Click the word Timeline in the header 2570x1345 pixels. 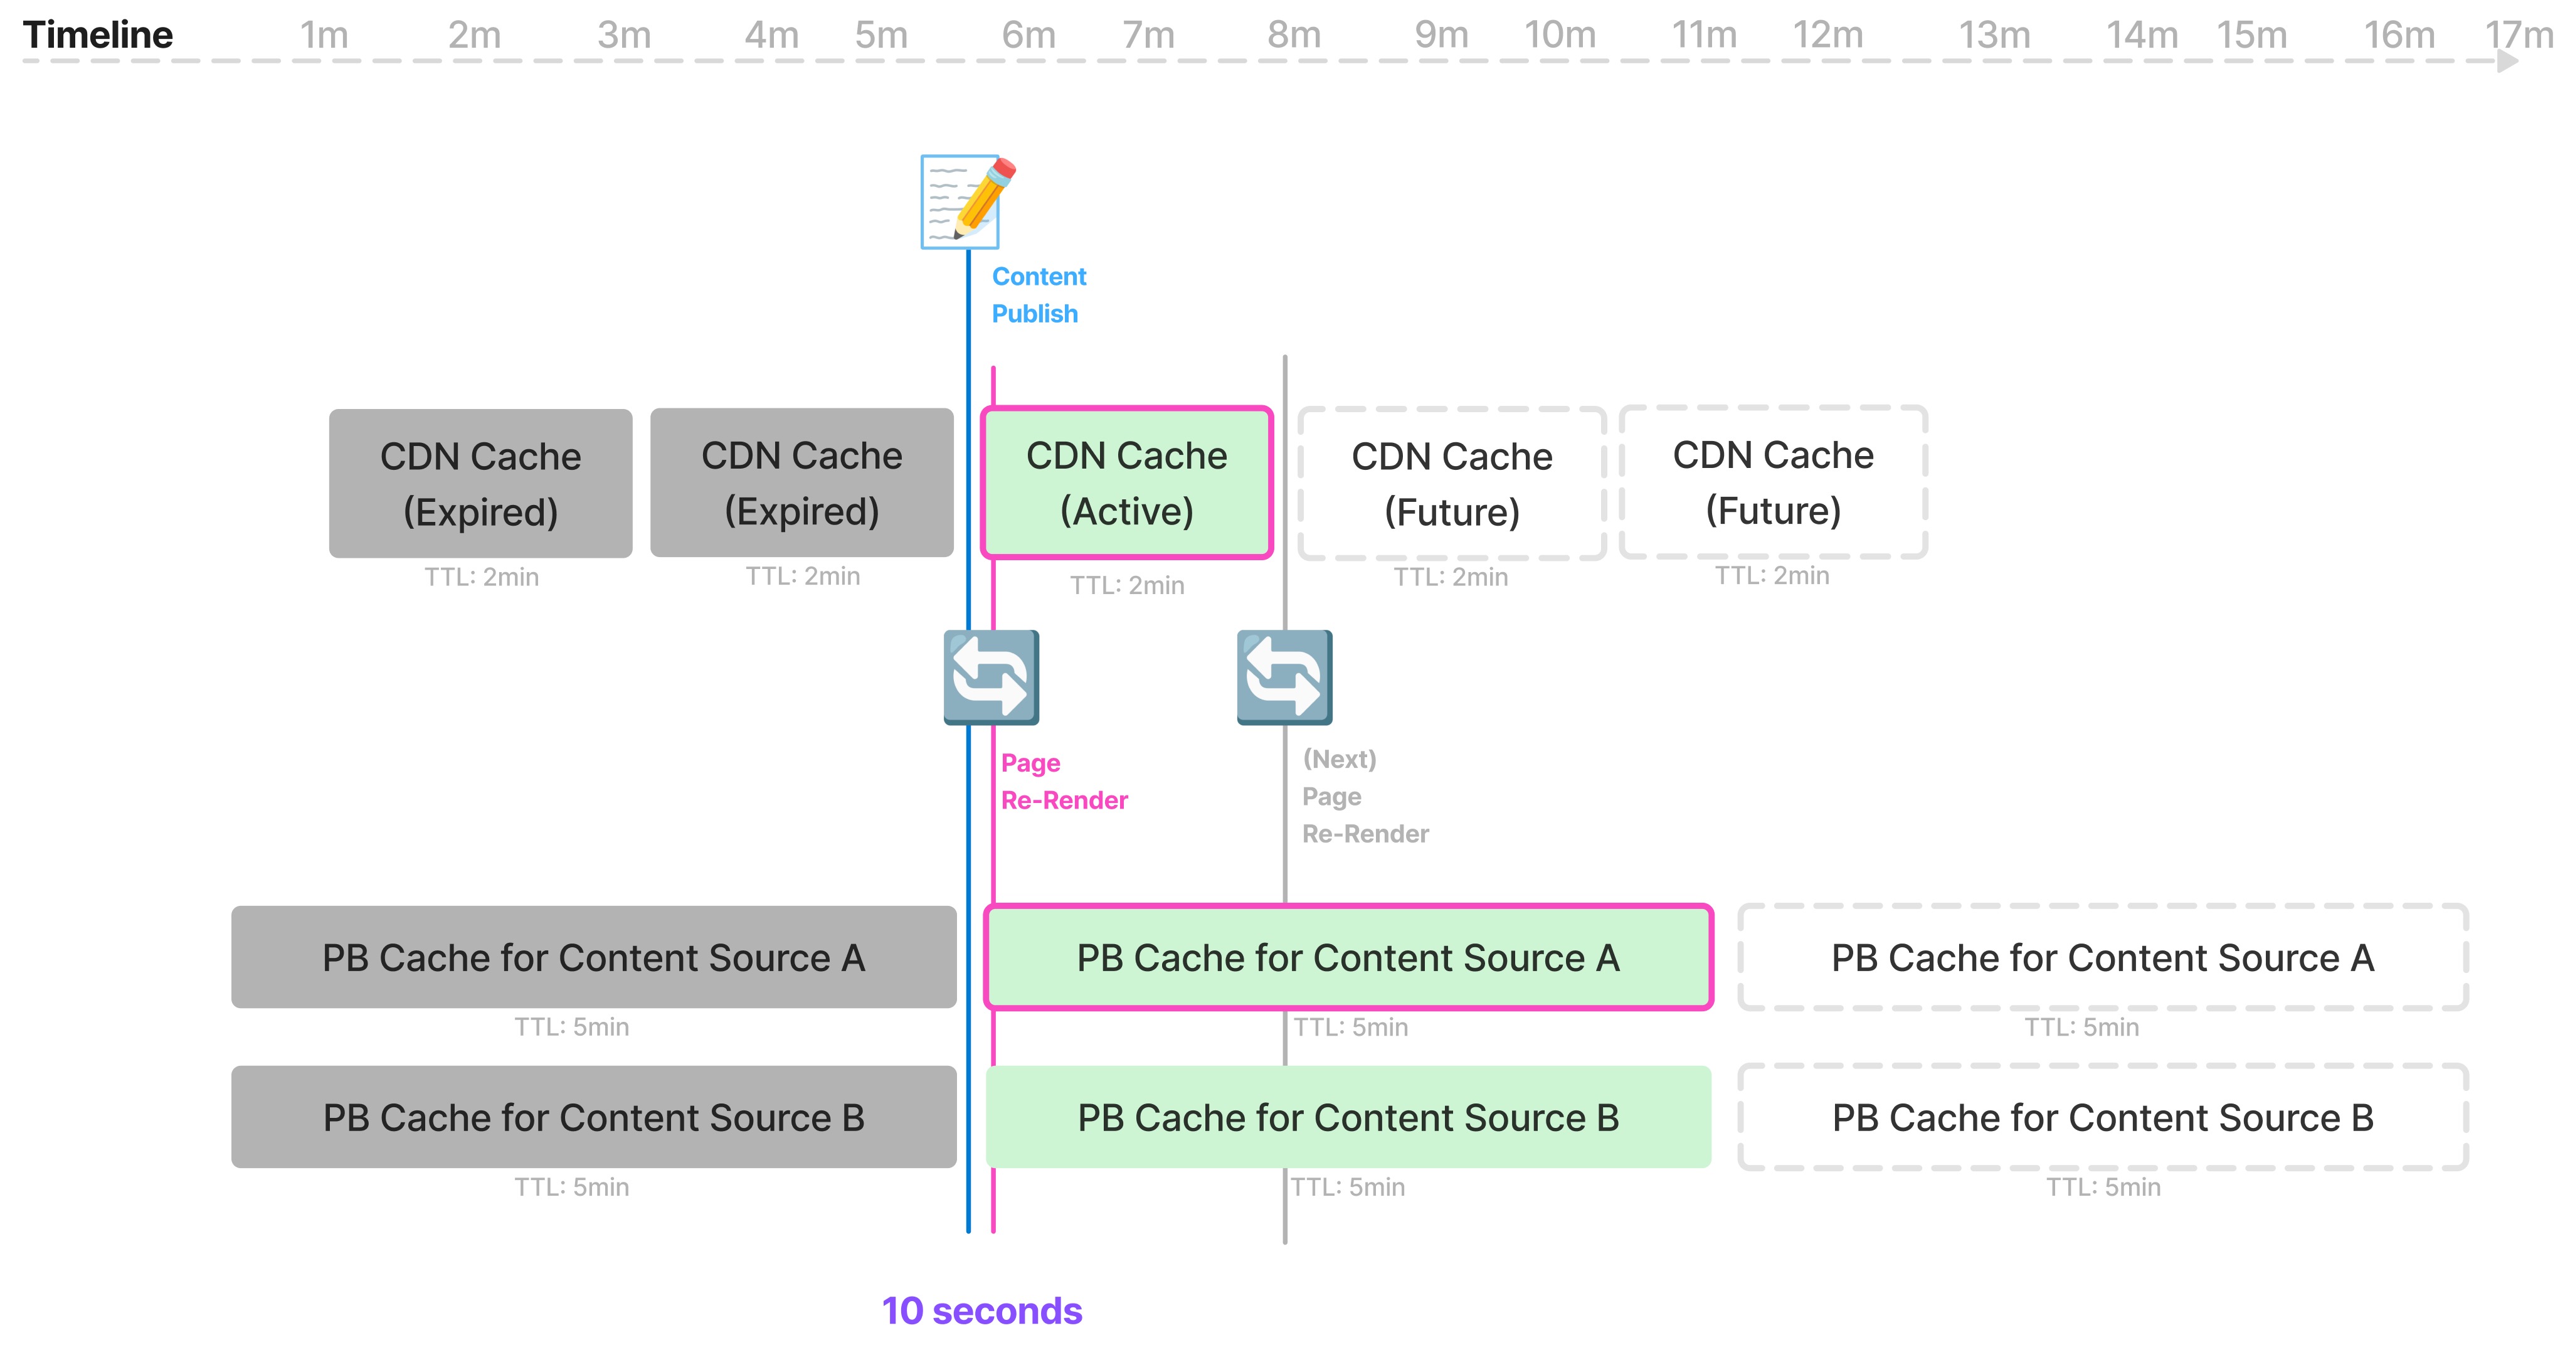(x=98, y=35)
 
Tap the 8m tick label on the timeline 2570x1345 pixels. (x=1294, y=35)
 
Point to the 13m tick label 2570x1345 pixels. (x=1993, y=35)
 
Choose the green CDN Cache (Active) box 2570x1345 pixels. (x=1126, y=483)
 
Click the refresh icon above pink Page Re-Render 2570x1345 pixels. (x=991, y=678)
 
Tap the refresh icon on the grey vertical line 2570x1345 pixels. (x=1284, y=678)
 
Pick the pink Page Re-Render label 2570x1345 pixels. (x=1064, y=781)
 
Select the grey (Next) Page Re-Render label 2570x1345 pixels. (x=1364, y=796)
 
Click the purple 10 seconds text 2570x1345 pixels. (x=981, y=1310)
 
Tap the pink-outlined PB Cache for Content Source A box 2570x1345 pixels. (x=1348, y=958)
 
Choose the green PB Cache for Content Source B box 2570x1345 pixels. (x=1348, y=1117)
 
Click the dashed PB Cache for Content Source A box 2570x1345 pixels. (x=2102, y=958)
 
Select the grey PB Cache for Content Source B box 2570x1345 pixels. (x=594, y=1117)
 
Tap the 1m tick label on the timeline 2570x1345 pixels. (x=324, y=35)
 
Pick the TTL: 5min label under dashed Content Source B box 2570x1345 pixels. (x=2103, y=1188)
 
